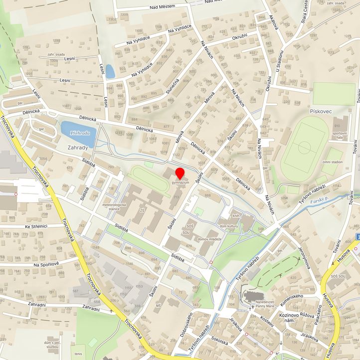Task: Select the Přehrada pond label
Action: click(x=80, y=133)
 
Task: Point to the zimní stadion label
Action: click(x=333, y=162)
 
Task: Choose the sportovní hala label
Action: click(x=340, y=136)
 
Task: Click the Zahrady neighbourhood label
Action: click(x=78, y=148)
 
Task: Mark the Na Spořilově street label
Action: click(x=46, y=264)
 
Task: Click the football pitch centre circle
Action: click(x=304, y=148)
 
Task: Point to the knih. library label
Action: click(x=237, y=216)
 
